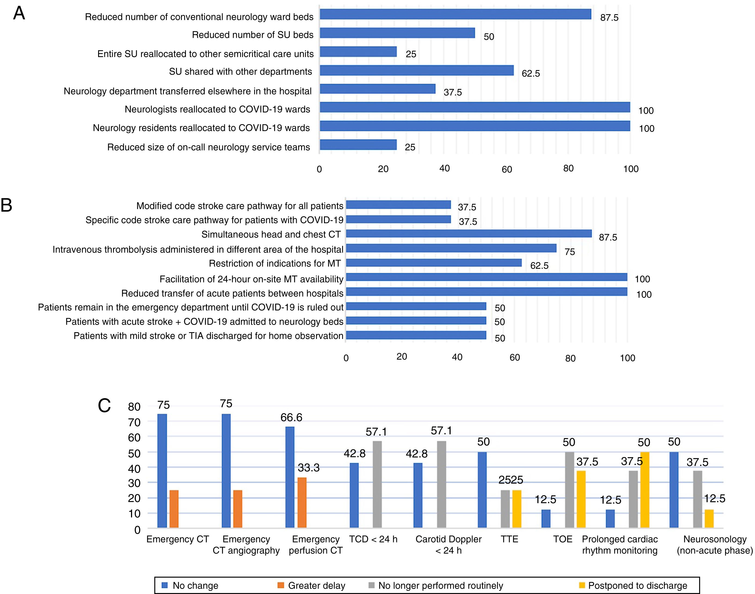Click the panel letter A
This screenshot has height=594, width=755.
[x=19, y=14]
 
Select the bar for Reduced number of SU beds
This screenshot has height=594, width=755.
[x=397, y=33]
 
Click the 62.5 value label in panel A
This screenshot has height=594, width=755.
[x=531, y=73]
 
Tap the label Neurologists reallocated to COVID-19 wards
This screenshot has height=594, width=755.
[x=217, y=109]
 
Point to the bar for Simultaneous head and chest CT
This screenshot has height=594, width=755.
[x=469, y=234]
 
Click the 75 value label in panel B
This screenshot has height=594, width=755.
[x=570, y=252]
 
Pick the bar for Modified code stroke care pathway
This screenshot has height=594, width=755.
[x=398, y=205]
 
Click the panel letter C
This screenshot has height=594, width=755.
[x=104, y=406]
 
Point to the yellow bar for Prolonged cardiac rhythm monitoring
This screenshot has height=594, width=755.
[x=645, y=490]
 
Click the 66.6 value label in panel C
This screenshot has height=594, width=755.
[x=291, y=417]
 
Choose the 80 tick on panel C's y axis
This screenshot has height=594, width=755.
[x=134, y=407]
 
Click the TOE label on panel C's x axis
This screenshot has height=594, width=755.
[x=563, y=539]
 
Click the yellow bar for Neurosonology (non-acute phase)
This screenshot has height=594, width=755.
[x=709, y=518]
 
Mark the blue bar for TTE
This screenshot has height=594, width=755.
[x=482, y=490]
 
